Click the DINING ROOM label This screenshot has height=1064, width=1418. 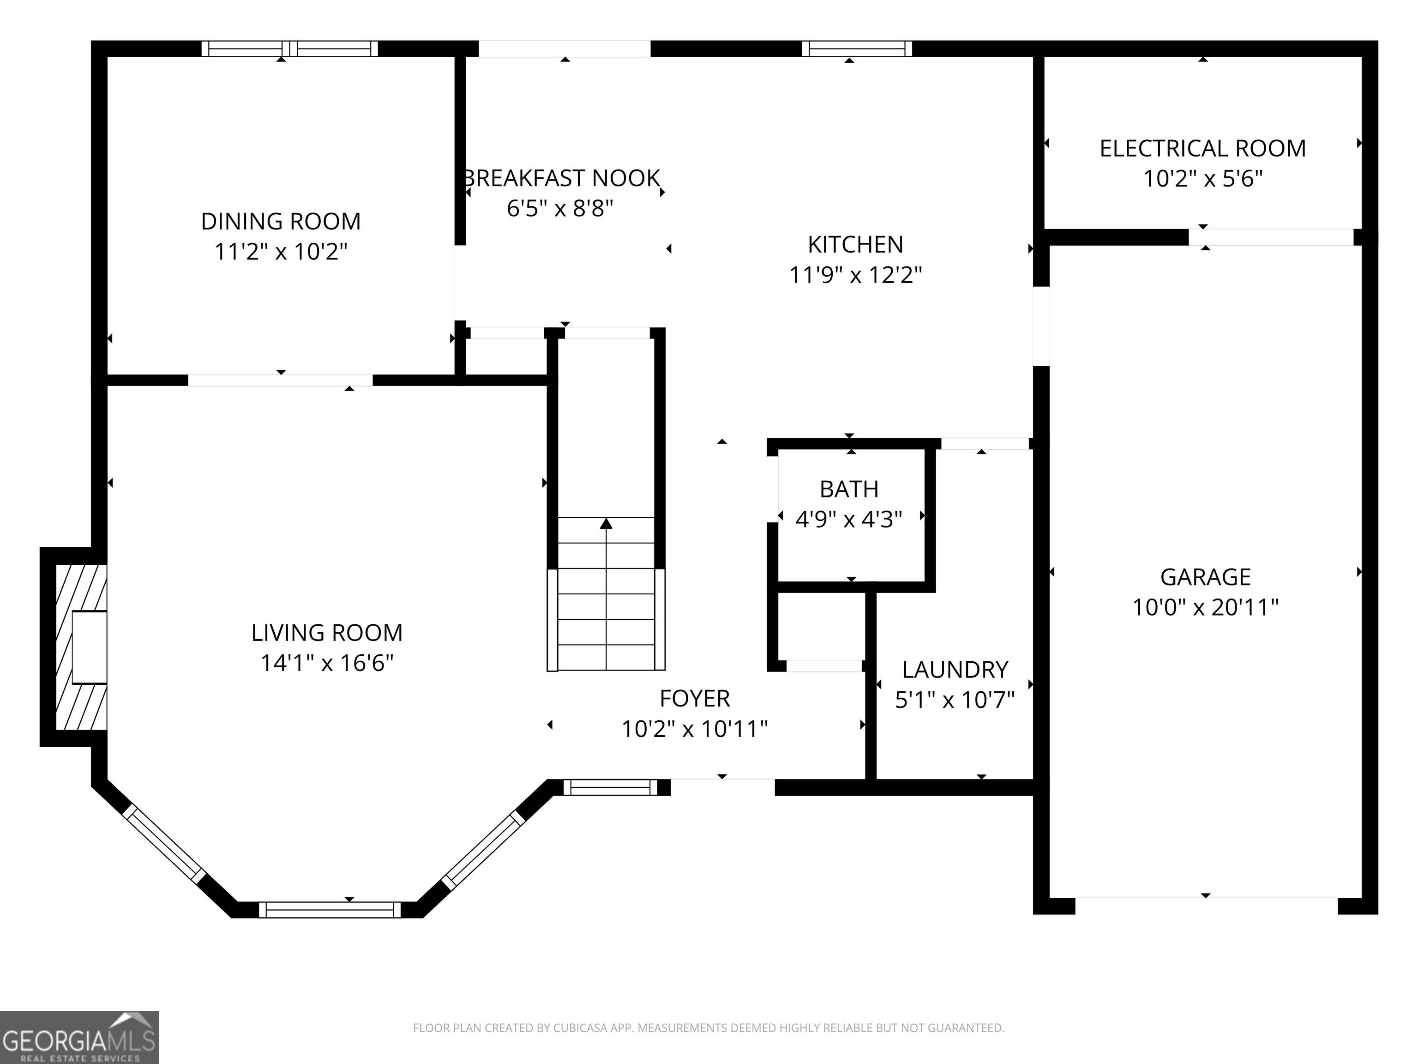(281, 221)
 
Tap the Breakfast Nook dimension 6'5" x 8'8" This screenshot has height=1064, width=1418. (560, 208)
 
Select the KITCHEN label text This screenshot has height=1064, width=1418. (855, 244)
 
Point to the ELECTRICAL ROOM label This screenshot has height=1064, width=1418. (1202, 149)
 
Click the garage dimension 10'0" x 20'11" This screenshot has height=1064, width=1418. (1205, 607)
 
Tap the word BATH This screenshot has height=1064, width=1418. (849, 490)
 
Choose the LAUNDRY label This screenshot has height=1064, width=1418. (955, 670)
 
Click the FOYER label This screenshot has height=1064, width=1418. (694, 698)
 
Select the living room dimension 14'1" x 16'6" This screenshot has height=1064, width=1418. (327, 663)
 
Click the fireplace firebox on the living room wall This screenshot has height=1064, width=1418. (89, 647)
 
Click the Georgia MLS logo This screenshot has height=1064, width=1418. (79, 1037)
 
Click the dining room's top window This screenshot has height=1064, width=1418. (290, 49)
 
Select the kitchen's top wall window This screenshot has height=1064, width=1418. (857, 49)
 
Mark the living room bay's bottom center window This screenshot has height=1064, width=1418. (330, 909)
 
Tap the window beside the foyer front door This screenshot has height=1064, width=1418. (611, 787)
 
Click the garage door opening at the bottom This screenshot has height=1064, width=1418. (1207, 906)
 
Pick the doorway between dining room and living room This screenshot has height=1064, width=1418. (280, 381)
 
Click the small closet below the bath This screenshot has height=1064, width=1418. (821, 626)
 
